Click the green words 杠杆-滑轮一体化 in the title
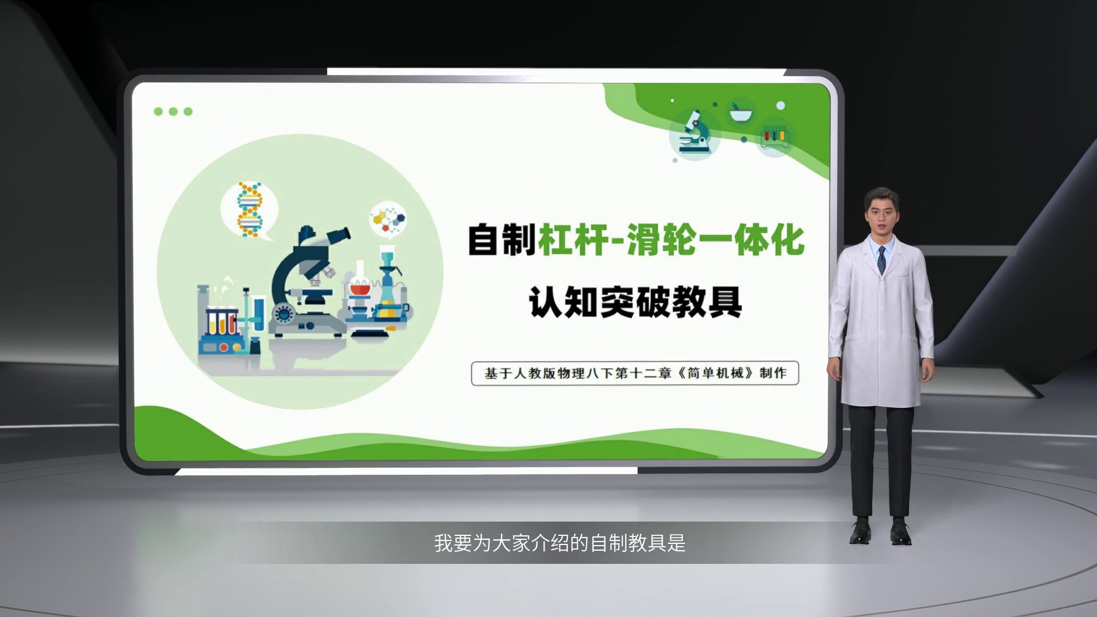click(x=671, y=240)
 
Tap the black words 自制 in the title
click(x=502, y=240)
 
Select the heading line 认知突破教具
click(x=635, y=302)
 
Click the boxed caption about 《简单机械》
click(x=635, y=373)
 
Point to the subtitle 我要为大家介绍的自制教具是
click(x=559, y=543)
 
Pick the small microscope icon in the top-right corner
click(x=694, y=134)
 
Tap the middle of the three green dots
click(x=173, y=111)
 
